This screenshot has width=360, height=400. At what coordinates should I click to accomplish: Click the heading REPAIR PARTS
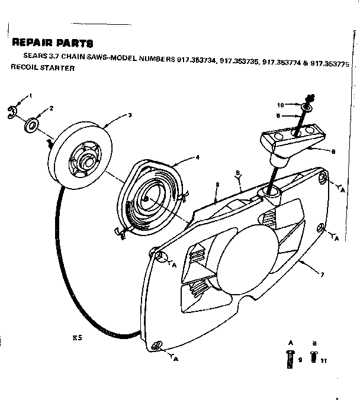52,43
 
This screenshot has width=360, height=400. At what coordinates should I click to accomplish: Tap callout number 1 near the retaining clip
30,96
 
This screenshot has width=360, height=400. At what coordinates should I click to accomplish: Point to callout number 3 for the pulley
129,115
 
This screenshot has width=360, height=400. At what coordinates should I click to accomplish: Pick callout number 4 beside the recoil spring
198,157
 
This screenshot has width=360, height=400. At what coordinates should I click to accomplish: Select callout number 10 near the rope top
281,105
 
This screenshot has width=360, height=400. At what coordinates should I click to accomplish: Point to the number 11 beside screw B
323,360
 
